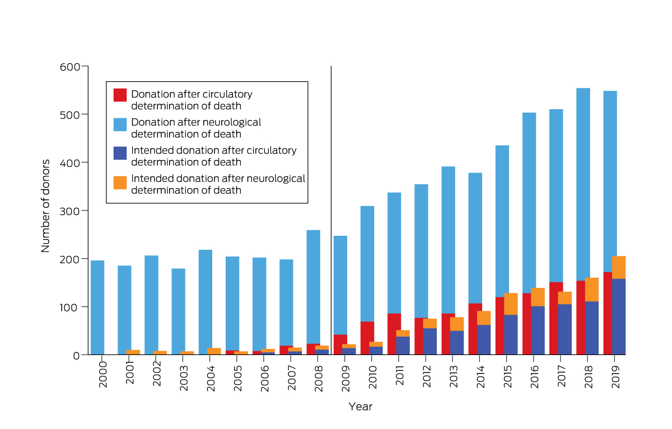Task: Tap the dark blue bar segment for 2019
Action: (619, 316)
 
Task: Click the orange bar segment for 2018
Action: (591, 290)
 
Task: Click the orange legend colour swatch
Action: (120, 183)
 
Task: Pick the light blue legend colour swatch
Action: (120, 124)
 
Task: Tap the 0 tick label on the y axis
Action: (76, 355)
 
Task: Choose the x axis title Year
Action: (360, 407)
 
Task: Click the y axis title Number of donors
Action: (46, 206)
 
